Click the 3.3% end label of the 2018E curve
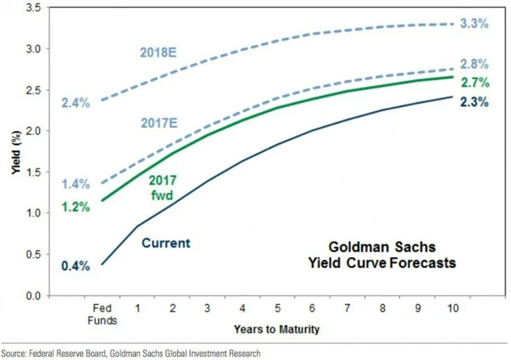click(473, 24)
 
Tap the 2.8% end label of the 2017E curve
click(473, 64)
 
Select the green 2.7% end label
click(473, 81)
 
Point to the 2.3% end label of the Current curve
click(473, 101)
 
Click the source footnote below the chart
click(131, 353)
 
